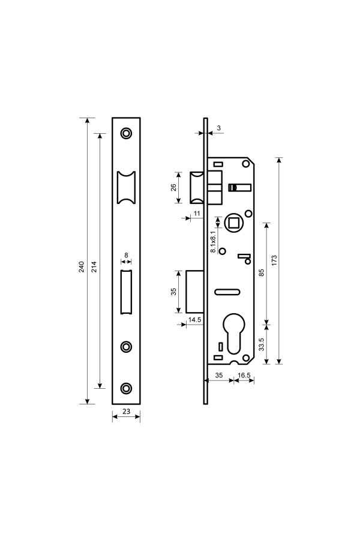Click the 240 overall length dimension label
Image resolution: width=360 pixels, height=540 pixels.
tap(82, 267)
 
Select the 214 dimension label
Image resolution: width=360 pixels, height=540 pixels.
tap(94, 267)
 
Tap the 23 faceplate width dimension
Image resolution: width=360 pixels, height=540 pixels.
tap(127, 411)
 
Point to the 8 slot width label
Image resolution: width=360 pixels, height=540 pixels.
tap(126, 255)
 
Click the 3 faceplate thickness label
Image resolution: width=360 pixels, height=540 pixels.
tap(219, 128)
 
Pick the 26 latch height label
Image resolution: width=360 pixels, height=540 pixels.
tap(173, 187)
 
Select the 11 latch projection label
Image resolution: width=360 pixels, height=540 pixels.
tap(197, 214)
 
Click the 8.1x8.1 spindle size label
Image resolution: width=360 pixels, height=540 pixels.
tap(214, 239)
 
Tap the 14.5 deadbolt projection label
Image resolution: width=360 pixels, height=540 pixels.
tap(194, 320)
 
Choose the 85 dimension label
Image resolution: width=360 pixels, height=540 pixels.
tap(261, 273)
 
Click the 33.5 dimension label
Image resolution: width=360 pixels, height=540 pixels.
tap(261, 344)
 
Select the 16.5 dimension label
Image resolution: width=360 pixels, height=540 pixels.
tap(244, 375)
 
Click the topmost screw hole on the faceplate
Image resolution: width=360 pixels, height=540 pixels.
tap(127, 133)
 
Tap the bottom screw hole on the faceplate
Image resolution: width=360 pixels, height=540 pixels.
tap(127, 388)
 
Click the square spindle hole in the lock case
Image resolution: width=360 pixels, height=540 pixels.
tap(234, 223)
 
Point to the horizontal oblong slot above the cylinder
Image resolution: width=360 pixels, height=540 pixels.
tap(227, 292)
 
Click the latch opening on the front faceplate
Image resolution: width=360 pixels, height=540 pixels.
tap(127, 187)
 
